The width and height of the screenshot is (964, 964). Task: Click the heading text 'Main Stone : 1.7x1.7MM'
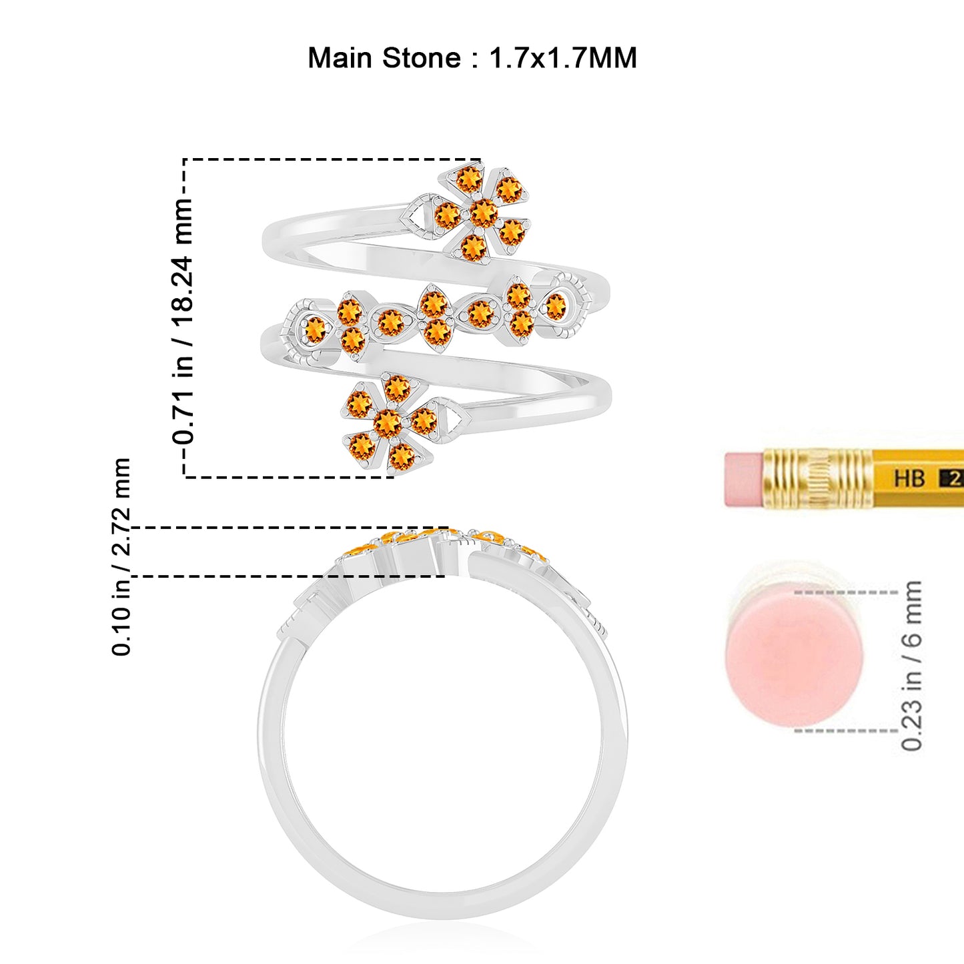tap(472, 58)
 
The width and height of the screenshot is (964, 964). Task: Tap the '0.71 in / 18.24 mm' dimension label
tap(182, 320)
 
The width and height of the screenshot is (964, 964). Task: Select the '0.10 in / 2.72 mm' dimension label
tap(121, 556)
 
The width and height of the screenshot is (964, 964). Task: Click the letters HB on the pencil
tap(909, 478)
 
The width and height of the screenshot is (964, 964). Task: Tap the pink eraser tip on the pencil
tap(743, 479)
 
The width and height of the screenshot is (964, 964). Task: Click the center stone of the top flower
tap(484, 213)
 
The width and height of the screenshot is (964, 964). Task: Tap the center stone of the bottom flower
tap(388, 423)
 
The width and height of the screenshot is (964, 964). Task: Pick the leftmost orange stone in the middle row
tap(315, 329)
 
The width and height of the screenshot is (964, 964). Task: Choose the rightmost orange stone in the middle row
tap(554, 306)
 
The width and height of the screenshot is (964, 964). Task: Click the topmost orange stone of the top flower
tap(469, 179)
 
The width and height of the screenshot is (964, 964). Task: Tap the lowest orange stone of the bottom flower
tap(401, 457)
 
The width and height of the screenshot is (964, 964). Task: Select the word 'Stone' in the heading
tap(422, 58)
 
